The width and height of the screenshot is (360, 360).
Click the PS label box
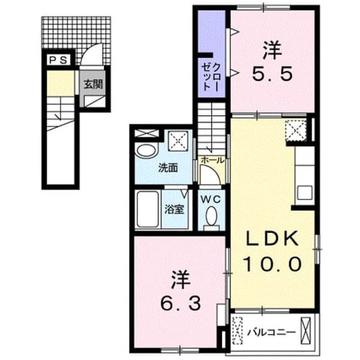coord(58,60)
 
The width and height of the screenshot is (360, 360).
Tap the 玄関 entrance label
coord(93,84)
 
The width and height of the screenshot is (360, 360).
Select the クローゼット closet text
coord(211,77)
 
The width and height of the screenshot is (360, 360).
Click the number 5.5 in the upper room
coord(272,74)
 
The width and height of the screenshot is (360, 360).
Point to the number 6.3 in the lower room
coord(181,303)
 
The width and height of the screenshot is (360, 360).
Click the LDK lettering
coord(272,238)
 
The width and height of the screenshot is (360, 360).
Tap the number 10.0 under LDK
coord(272,264)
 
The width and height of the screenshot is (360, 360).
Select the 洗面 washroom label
coord(168,168)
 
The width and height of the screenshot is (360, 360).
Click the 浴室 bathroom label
coord(174,209)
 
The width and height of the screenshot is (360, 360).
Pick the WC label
coord(211,199)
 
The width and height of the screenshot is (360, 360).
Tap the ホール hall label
coord(212,160)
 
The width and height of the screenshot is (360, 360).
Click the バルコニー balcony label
coord(271,332)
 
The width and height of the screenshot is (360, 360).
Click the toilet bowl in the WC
coord(211,216)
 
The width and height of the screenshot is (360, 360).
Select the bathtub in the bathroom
coord(147,209)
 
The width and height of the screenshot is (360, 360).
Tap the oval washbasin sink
coord(146,151)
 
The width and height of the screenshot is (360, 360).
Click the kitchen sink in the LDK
coord(305,192)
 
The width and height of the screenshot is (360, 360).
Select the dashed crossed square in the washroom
coord(178,141)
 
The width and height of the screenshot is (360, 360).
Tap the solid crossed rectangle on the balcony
coord(305,331)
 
